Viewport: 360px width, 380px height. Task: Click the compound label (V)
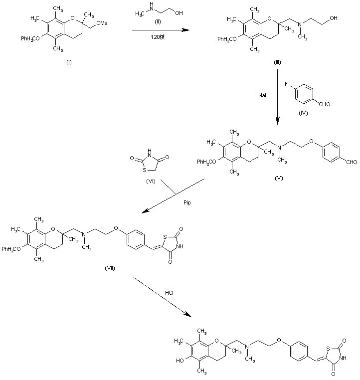click(279, 178)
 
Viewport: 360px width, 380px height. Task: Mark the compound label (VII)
click(110, 268)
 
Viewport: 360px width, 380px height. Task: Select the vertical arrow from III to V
click(277, 97)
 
